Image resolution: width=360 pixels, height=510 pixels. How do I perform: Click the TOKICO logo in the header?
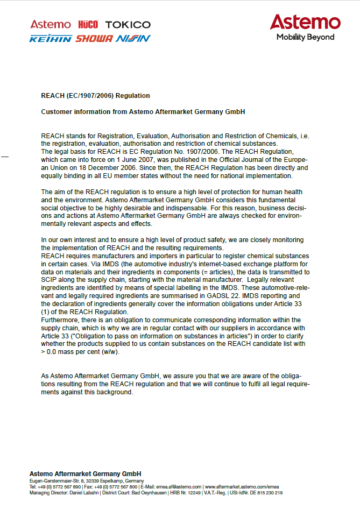128,25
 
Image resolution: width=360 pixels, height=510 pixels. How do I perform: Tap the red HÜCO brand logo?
88,25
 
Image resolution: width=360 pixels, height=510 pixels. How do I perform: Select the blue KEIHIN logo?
51,39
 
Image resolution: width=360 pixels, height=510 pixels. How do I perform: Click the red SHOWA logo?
94,39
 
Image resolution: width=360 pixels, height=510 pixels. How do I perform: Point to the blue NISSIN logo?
133,39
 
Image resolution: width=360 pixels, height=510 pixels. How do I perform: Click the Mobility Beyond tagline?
305,37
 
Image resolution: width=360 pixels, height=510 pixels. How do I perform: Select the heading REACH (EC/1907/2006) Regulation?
95,96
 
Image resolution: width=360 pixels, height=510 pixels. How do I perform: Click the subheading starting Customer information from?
143,112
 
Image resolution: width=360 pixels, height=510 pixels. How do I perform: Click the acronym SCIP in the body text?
50,280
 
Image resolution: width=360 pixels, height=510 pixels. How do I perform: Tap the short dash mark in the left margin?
5,157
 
